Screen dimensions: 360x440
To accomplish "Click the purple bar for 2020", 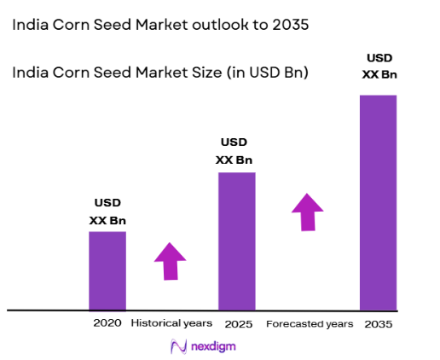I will click(x=107, y=270).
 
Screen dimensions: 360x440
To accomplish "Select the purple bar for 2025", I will click(x=237, y=241).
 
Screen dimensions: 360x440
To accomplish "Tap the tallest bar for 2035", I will click(x=378, y=202).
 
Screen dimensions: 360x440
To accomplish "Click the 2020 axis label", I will click(x=108, y=324).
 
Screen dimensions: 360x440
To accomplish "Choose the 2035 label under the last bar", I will click(x=378, y=324).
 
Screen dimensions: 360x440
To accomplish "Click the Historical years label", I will click(x=171, y=324).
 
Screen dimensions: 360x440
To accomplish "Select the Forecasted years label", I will click(x=309, y=324).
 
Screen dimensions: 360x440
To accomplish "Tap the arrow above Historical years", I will click(x=171, y=260).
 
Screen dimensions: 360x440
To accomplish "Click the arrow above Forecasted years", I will click(x=307, y=211).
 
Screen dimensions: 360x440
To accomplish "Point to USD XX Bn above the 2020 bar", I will click(x=107, y=211).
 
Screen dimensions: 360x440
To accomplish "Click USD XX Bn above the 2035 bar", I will click(x=379, y=67).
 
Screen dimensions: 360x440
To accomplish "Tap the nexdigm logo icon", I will click(x=178, y=346).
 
